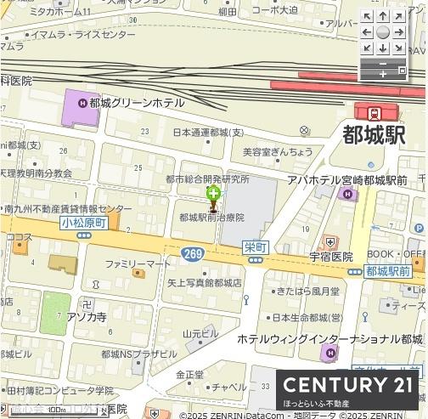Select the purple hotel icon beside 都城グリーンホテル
(82, 103)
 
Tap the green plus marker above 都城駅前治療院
(211, 193)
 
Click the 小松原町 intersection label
(82, 223)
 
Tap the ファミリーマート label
(138, 264)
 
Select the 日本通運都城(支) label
(207, 133)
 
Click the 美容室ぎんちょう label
(278, 151)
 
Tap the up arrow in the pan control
(383, 16)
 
